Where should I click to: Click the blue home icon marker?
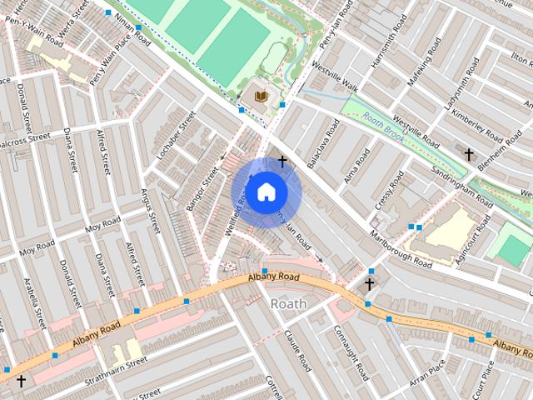(x=266, y=192)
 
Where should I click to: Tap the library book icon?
(x=261, y=98)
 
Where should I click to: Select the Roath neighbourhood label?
(x=288, y=304)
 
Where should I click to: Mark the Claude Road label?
(x=297, y=351)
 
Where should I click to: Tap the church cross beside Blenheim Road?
(x=469, y=155)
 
